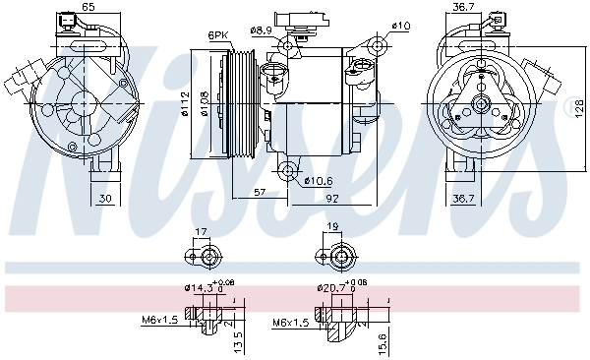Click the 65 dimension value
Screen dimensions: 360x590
click(x=88, y=8)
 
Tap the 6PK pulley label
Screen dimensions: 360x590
click(x=217, y=35)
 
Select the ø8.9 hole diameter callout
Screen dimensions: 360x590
click(x=261, y=30)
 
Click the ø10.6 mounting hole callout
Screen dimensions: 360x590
click(x=318, y=180)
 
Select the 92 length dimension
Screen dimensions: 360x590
click(x=332, y=200)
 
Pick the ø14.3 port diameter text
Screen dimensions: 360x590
click(x=198, y=288)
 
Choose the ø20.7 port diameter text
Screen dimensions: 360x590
click(x=331, y=288)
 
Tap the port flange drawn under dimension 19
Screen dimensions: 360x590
click(x=339, y=258)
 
